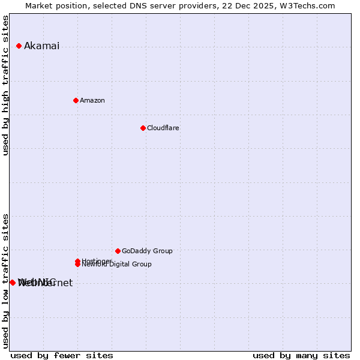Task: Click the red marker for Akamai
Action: [19, 46]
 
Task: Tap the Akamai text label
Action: [41, 46]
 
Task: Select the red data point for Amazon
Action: [76, 100]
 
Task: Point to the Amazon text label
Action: [92, 100]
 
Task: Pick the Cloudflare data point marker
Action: [143, 128]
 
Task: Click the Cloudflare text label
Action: [163, 128]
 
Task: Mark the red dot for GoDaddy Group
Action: [118, 251]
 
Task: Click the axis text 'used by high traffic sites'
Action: [6, 85]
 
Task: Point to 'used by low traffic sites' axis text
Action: [6, 281]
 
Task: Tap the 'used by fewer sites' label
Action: [62, 355]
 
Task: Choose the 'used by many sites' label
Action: [301, 355]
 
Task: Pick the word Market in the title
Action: [39, 5]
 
